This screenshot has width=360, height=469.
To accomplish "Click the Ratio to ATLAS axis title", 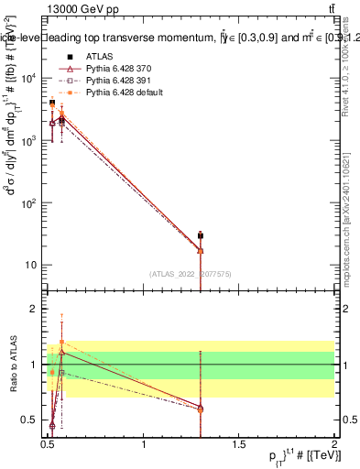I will [12, 364].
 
